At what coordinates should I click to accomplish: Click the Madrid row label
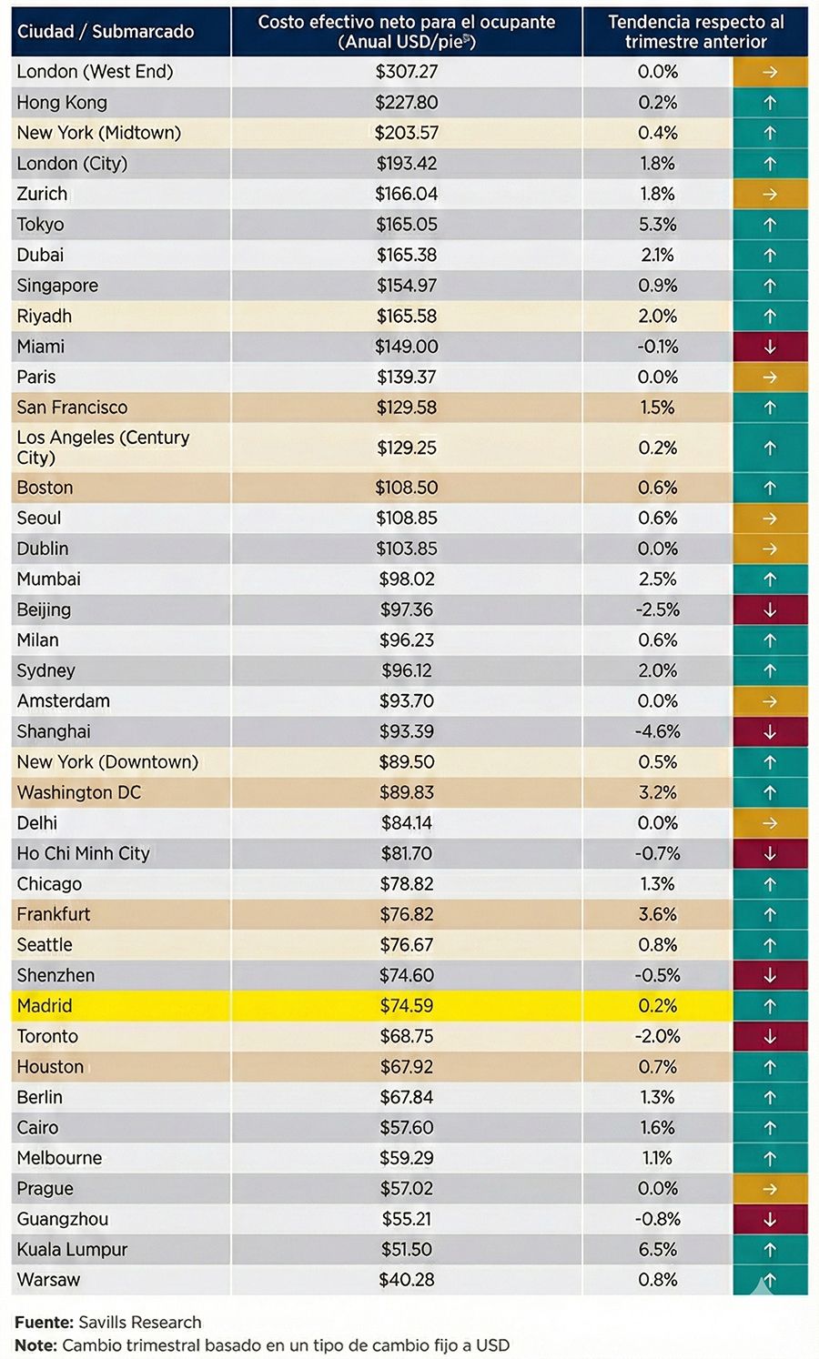(x=44, y=1005)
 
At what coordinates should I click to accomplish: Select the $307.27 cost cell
(x=406, y=71)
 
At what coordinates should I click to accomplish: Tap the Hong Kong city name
(x=62, y=102)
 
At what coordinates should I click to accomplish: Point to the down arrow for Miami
(x=770, y=347)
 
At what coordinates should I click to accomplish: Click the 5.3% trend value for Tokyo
(x=657, y=224)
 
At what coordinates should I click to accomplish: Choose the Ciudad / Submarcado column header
(x=106, y=32)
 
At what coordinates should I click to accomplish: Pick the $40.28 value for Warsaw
(x=406, y=1280)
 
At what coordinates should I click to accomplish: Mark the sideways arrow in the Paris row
(x=770, y=377)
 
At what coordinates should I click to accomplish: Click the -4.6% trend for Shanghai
(x=657, y=731)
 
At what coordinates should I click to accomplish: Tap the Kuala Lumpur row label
(x=72, y=1249)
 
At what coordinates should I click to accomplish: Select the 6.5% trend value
(x=657, y=1249)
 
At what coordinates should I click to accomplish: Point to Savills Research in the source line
(x=139, y=1322)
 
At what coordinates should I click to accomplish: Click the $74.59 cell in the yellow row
(x=406, y=1005)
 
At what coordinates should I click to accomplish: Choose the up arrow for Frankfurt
(x=770, y=914)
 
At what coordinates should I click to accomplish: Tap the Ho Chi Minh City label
(x=83, y=853)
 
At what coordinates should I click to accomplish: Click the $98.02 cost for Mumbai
(x=406, y=579)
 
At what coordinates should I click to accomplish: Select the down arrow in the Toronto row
(x=770, y=1036)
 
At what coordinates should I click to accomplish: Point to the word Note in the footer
(x=35, y=1344)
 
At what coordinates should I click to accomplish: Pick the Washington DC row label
(x=79, y=792)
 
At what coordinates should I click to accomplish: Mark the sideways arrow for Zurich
(x=770, y=194)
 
